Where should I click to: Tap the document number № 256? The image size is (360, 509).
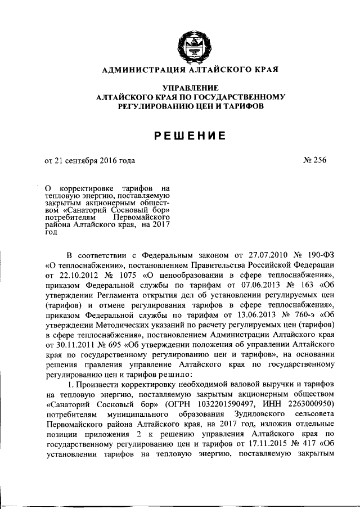click(314, 160)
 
